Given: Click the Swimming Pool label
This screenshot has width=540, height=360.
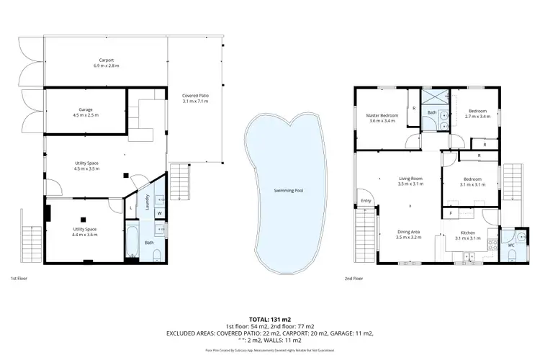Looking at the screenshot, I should click(x=289, y=191).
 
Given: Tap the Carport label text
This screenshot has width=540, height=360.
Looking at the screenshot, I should click(x=107, y=60).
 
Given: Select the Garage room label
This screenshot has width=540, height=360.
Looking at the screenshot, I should click(x=86, y=110).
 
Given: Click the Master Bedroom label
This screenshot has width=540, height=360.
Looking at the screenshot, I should click(x=383, y=115).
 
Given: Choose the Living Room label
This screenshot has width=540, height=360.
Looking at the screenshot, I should click(x=410, y=179).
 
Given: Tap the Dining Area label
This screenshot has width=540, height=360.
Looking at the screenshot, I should click(x=410, y=232).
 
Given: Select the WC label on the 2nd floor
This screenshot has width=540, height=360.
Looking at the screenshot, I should click(x=511, y=246).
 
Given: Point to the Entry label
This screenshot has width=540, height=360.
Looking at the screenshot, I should click(x=366, y=201).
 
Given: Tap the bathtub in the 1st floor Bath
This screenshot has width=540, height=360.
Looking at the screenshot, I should click(x=133, y=243).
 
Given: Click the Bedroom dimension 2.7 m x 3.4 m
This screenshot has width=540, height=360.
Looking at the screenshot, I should click(x=478, y=116).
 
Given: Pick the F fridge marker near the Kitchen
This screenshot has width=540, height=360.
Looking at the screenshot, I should click(x=450, y=213).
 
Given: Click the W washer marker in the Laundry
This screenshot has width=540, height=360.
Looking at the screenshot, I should click(x=159, y=213).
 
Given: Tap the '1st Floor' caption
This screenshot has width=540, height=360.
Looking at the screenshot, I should click(x=19, y=278).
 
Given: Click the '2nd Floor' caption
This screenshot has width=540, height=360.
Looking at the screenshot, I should click(x=354, y=278).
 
